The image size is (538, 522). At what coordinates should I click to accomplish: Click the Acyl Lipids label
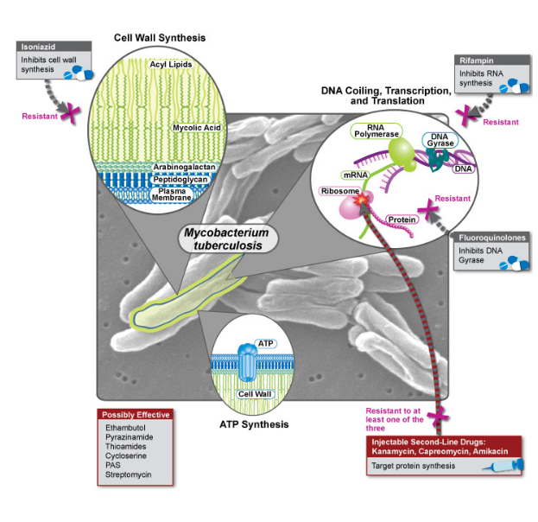(x=170, y=64)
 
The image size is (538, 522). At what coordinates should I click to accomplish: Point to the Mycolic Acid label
(x=195, y=128)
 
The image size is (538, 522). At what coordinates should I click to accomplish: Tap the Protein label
(x=402, y=220)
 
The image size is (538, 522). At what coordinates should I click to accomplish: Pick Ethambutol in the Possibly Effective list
(x=124, y=428)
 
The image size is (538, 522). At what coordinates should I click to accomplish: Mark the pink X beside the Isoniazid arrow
(x=66, y=113)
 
